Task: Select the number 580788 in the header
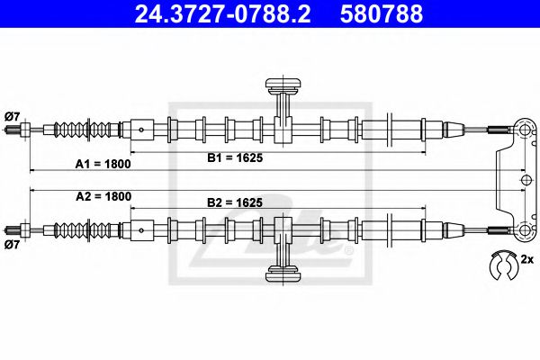point(383,14)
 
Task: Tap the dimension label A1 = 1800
point(103,165)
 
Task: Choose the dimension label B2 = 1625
point(234,203)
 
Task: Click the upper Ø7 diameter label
point(13,113)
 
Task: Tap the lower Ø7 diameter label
point(13,244)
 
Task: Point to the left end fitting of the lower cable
point(15,228)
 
